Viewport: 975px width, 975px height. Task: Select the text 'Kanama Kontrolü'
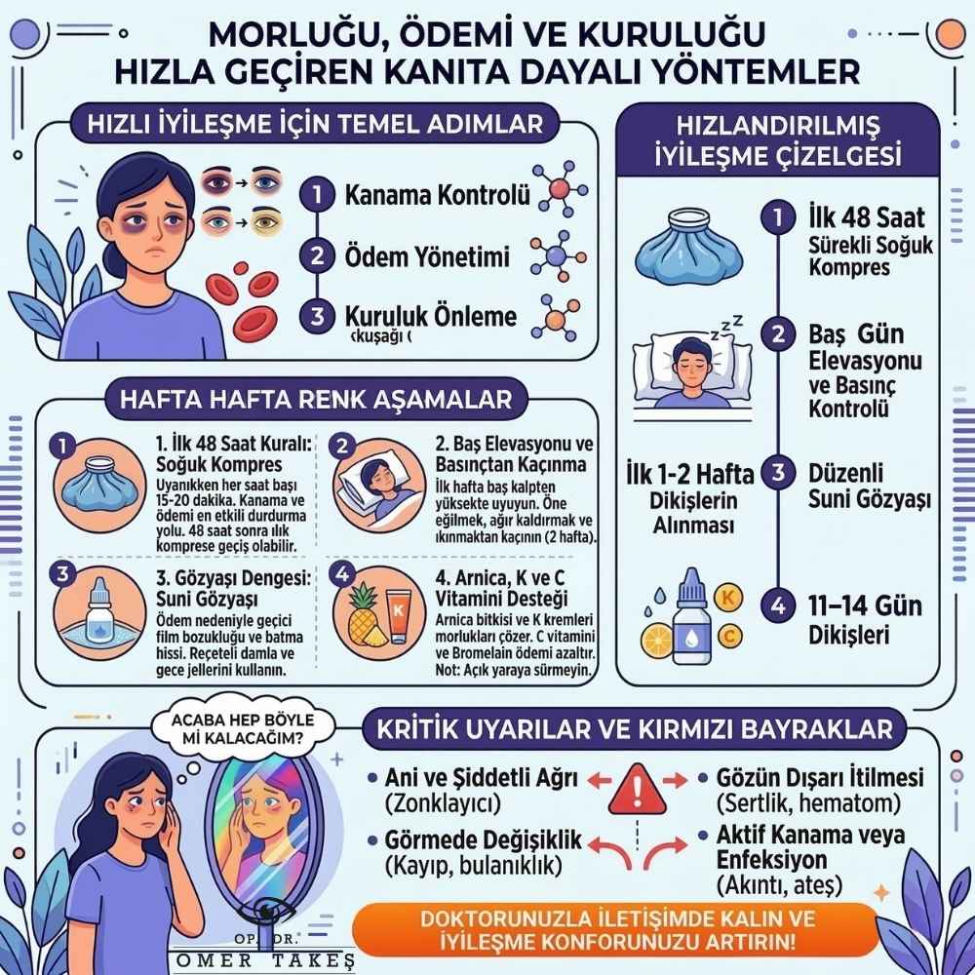[x=438, y=195]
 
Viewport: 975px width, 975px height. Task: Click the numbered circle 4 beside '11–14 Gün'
[x=777, y=605]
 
